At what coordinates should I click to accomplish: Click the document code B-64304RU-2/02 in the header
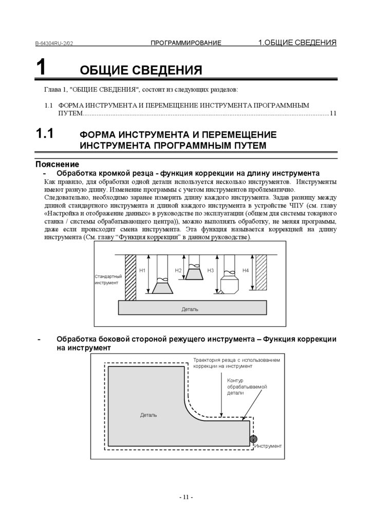[54, 43]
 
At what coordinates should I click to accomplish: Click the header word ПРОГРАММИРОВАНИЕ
[186, 43]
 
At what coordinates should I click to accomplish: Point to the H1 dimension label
[143, 270]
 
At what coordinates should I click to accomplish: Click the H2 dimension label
[178, 270]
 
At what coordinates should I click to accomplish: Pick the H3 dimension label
[210, 270]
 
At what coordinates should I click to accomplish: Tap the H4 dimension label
[245, 270]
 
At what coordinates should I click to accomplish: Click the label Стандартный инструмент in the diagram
[108, 279]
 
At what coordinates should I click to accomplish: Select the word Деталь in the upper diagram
[190, 309]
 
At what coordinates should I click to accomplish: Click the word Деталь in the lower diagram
[148, 415]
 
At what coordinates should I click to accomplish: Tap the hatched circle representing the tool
[253, 439]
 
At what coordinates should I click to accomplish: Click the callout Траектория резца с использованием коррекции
[236, 363]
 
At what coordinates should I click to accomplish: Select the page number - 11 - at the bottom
[186, 497]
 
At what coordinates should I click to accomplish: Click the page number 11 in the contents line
[333, 113]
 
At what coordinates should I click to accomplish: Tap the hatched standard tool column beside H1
[130, 277]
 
